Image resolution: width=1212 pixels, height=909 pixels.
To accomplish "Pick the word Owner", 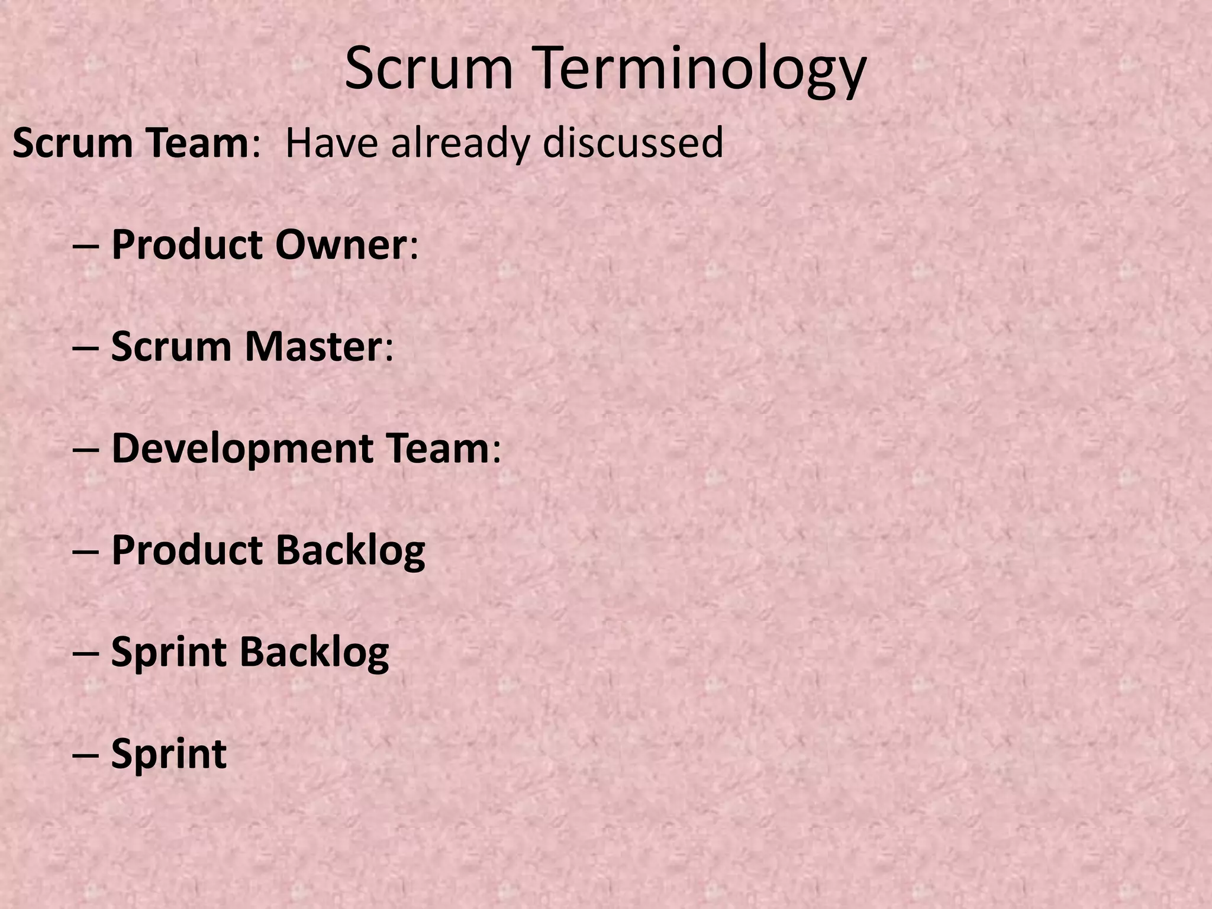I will tap(341, 244).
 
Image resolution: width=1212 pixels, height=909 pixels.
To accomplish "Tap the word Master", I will tap(314, 346).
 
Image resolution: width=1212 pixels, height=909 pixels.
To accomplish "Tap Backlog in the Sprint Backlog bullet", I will tap(314, 652).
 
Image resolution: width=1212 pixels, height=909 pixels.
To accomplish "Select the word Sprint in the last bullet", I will tap(169, 754).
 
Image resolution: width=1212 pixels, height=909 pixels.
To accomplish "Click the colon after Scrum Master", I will tap(389, 350).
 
